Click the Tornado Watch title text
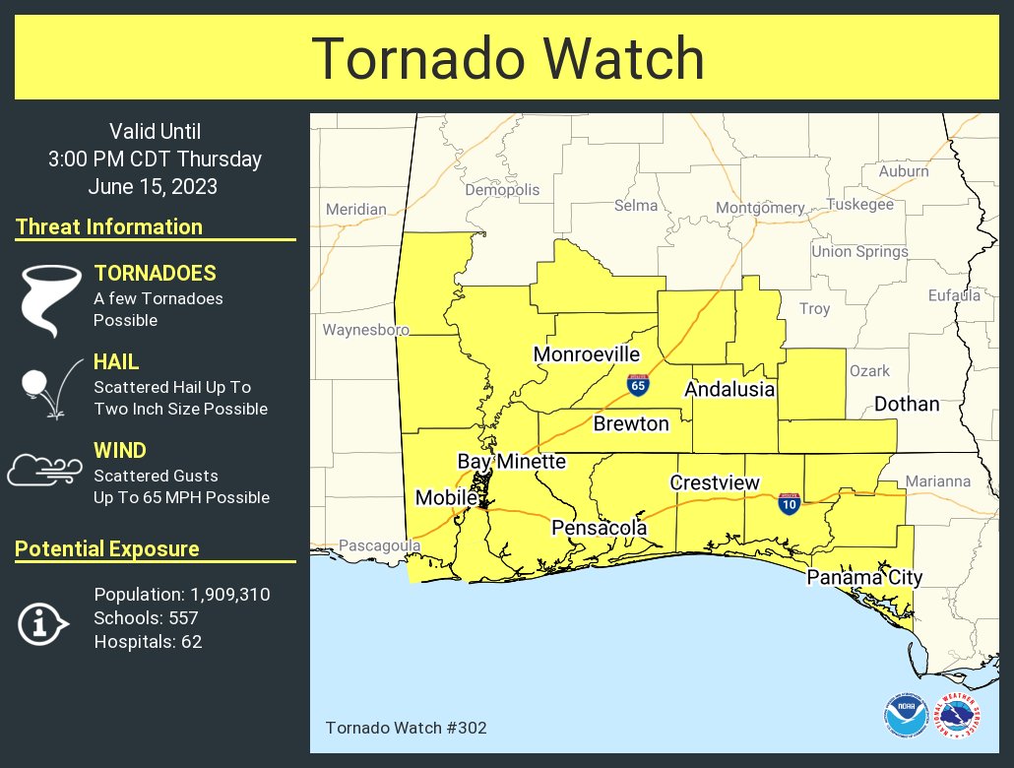pyautogui.click(x=507, y=59)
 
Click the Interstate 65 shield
pyautogui.click(x=638, y=384)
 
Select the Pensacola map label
pyautogui.click(x=599, y=529)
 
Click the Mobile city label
pyautogui.click(x=446, y=498)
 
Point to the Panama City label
pyautogui.click(x=864, y=578)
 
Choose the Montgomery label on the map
pyautogui.click(x=760, y=208)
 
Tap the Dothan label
pyautogui.click(x=906, y=405)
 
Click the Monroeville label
pyautogui.click(x=587, y=354)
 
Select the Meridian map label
pyautogui.click(x=355, y=210)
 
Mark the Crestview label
pyautogui.click(x=715, y=482)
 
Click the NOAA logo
pyautogui.click(x=905, y=717)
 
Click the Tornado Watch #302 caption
pyautogui.click(x=406, y=729)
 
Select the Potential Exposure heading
pyautogui.click(x=107, y=549)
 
